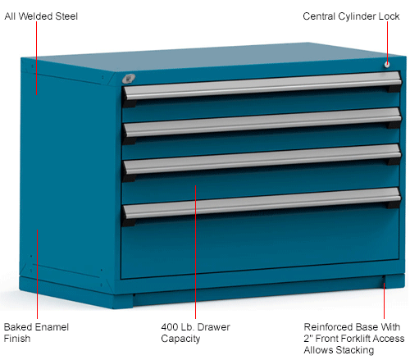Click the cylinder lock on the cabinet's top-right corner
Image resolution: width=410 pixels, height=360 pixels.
point(385,63)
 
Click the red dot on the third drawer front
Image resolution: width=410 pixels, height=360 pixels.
point(195,187)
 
